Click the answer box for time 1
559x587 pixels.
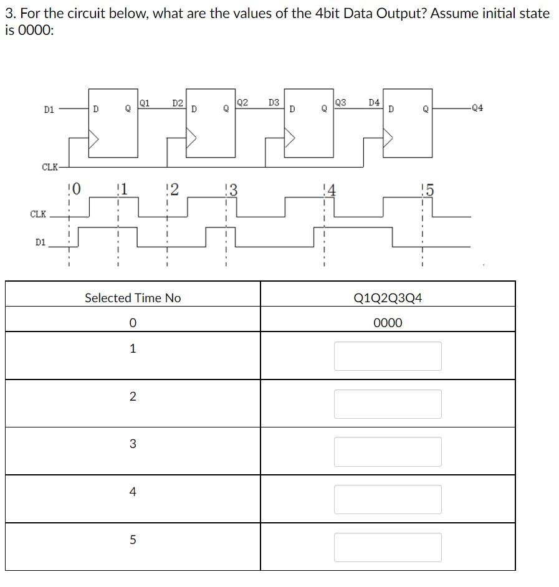pos(388,356)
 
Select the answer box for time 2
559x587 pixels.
pos(388,404)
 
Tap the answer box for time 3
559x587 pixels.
pos(388,452)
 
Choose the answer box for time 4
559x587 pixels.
pos(388,499)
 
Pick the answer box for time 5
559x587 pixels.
pos(388,547)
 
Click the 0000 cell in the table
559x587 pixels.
pos(388,323)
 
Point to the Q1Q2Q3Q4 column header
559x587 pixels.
pos(388,298)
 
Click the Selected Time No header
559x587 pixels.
pos(133,298)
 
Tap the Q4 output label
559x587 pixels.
pos(477,108)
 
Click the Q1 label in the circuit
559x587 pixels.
pos(145,102)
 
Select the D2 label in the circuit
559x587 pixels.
pos(178,102)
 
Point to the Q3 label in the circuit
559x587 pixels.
pos(340,102)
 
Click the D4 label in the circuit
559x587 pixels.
pos(374,102)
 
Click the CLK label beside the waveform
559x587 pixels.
pos(38,214)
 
